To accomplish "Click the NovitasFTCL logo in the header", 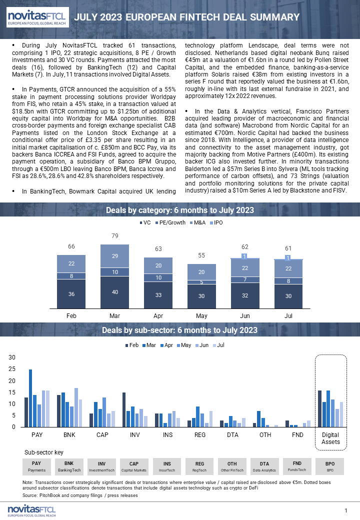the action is [x=37, y=17].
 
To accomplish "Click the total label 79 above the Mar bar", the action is [x=114, y=236].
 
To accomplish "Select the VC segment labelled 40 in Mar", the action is [x=114, y=292].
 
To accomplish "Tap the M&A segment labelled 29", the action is [x=114, y=256].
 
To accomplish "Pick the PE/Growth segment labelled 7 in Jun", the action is [x=245, y=279].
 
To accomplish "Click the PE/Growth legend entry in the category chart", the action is [x=170, y=222].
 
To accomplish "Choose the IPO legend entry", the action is [x=216, y=222].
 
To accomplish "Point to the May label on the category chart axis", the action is [x=201, y=315].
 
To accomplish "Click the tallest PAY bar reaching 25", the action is [x=30, y=398].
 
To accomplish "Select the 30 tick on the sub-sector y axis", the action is [x=12, y=357].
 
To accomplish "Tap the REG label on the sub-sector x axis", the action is [x=200, y=435].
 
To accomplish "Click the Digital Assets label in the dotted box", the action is [x=331, y=438].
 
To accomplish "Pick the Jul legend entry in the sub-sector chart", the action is [x=218, y=345].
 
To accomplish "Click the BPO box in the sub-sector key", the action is [x=330, y=466].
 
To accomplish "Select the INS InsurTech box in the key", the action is [x=167, y=466].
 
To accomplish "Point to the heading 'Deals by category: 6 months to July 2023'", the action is [x=180, y=210].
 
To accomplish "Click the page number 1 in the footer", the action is [x=346, y=510].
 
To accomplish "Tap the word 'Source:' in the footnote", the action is [x=30, y=495].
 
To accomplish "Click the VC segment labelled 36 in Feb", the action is [x=71, y=294].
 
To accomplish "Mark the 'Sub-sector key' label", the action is [x=44, y=452].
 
